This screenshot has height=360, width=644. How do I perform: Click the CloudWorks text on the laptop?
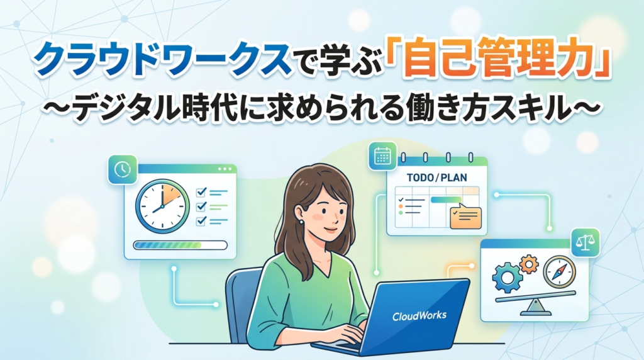pyautogui.click(x=419, y=316)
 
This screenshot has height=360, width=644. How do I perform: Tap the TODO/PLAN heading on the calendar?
pyautogui.click(x=436, y=177)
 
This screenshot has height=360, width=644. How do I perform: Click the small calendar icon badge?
pyautogui.click(x=383, y=155)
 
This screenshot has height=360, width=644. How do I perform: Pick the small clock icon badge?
pyautogui.click(x=123, y=169)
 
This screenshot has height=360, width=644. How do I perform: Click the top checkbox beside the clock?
pyautogui.click(x=201, y=192)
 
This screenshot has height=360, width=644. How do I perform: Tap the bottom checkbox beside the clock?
pyautogui.click(x=201, y=221)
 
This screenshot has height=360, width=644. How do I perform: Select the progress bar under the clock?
pyautogui.click(x=180, y=245)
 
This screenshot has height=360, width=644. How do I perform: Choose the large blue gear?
pyautogui.click(x=508, y=278)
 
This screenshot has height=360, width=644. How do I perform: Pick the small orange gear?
pyautogui.click(x=528, y=264)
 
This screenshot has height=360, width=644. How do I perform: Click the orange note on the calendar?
pyautogui.click(x=466, y=217)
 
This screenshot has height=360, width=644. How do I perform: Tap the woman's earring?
pyautogui.click(x=302, y=222)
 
